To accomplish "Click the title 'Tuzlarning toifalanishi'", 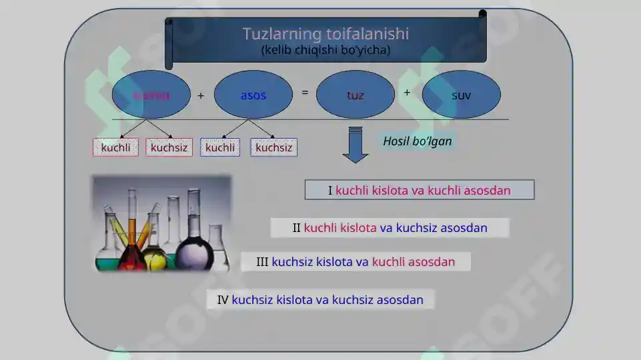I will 326,33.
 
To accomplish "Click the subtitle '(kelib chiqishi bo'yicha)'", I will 326,50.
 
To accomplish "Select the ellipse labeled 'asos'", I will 253,95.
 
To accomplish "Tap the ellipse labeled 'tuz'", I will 356,95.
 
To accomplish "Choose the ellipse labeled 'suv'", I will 461,95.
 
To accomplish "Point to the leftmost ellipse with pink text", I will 151,95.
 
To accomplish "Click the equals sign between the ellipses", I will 305,93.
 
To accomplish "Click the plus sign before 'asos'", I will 201,95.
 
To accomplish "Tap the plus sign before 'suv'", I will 407,93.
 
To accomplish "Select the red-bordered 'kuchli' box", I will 115,147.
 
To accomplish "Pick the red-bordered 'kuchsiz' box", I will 169,147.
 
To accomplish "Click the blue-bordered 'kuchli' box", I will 220,147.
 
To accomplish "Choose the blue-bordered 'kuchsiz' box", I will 273,147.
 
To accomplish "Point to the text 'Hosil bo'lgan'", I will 418,141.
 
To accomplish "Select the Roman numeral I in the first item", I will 330,191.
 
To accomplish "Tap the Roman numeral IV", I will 223,300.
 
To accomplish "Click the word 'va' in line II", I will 386,228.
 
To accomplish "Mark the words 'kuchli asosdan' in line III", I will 414,262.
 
